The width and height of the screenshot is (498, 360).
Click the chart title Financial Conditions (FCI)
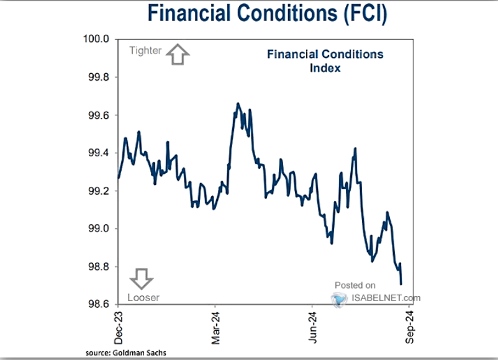(x=267, y=14)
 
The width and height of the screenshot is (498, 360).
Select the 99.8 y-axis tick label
(x=97, y=78)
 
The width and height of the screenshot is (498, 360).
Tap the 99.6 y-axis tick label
(x=97, y=115)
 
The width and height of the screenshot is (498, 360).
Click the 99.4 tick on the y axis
(x=97, y=153)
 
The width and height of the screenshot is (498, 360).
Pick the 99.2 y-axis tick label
(x=97, y=191)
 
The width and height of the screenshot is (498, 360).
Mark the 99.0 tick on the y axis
(x=97, y=229)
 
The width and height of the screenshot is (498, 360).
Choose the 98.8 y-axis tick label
(x=97, y=266)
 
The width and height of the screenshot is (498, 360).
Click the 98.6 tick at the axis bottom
(x=97, y=304)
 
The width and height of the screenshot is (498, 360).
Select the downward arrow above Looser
(x=143, y=279)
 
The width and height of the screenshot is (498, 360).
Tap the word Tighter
(x=145, y=51)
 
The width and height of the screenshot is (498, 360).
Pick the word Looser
(x=143, y=297)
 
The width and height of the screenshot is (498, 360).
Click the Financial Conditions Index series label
(x=325, y=61)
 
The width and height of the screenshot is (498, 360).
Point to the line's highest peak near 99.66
(x=238, y=104)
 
